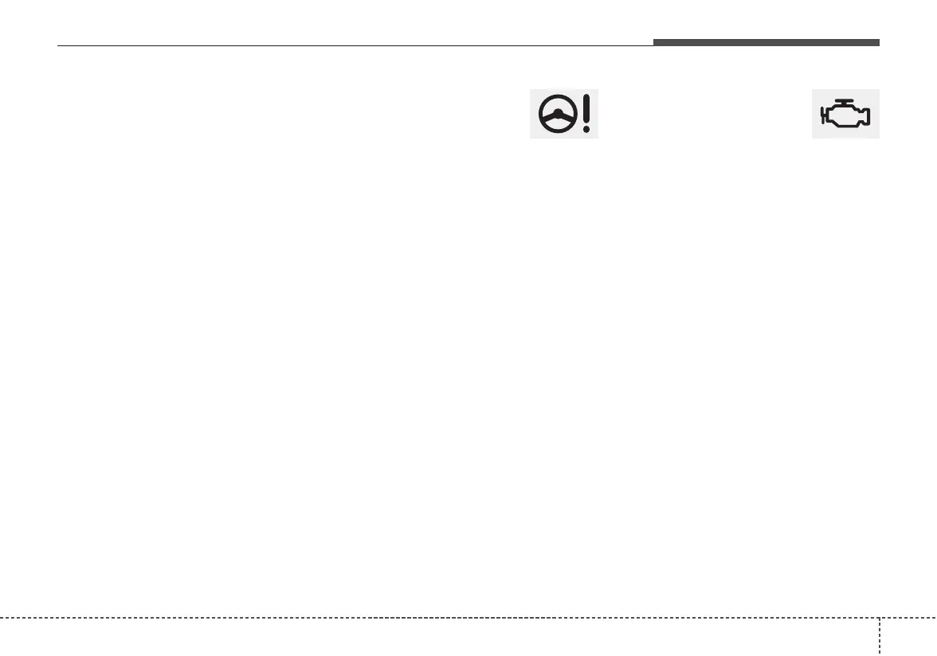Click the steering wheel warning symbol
pos(564,114)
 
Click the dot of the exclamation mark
pos(587,128)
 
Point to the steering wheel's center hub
pos(557,115)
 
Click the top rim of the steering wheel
pos(557,98)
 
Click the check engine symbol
pos(845,114)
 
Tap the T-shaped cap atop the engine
pos(845,101)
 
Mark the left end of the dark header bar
pos(655,42)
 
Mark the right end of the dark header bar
pos(878,42)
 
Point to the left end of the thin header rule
pos(58,45)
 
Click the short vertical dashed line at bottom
pos(880,637)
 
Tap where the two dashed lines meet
pos(880,618)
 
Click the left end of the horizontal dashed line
pos(2,618)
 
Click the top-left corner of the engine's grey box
pos(813,90)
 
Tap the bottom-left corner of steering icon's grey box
pos(531,138)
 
